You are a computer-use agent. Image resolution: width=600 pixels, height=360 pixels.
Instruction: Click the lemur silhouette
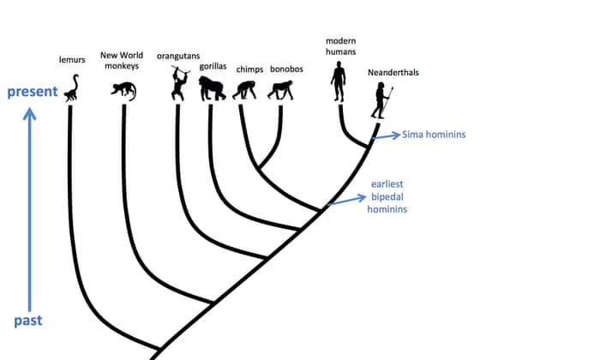pos(73,89)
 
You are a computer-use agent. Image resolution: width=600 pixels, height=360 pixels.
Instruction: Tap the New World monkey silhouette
pos(125,89)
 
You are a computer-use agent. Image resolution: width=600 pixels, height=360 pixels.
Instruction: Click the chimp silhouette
pos(246,89)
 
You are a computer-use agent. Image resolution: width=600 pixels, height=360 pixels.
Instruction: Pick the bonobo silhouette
pos(281,90)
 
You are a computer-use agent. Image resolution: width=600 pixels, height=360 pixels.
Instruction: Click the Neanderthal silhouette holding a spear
pos(380,101)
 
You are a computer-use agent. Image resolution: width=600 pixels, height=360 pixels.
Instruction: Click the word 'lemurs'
pos(72,60)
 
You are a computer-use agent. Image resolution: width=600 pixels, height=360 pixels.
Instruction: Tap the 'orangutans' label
pos(178,57)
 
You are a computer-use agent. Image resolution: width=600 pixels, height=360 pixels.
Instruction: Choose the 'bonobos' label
pos(286,69)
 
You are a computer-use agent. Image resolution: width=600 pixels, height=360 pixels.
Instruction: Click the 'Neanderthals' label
pos(393,73)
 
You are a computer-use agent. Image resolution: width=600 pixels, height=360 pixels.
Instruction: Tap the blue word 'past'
pos(28,321)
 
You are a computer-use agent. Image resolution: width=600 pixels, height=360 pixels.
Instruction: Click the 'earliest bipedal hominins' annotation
pos(388,196)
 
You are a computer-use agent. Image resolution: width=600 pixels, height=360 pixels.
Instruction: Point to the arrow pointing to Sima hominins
pos(387,135)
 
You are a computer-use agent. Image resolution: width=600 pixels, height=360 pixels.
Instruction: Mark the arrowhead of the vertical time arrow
pos(30,114)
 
